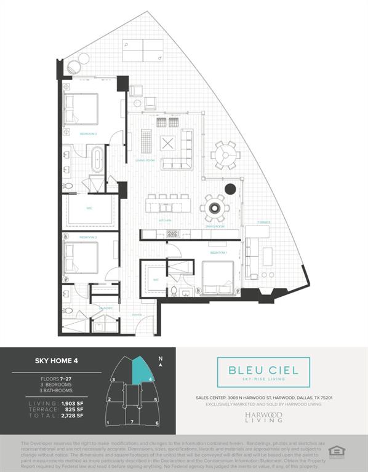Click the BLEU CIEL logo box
(x=263, y=372)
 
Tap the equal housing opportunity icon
(x=337, y=451)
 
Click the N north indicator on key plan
(x=160, y=359)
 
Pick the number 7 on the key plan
(x=132, y=423)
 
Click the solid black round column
(x=230, y=189)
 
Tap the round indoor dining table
(x=215, y=208)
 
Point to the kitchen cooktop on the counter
(x=173, y=234)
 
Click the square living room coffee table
(x=168, y=143)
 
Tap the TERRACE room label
(x=263, y=222)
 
